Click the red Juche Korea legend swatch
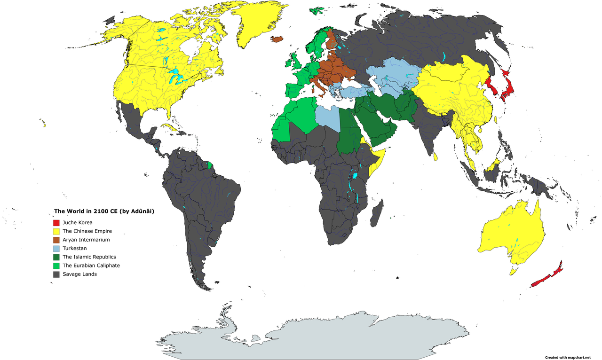click(x=56, y=222)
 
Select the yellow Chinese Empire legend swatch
click(x=56, y=231)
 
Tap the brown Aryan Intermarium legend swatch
click(x=56, y=240)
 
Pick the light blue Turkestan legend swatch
click(x=56, y=248)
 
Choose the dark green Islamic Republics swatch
click(x=56, y=257)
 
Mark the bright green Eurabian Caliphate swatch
click(x=56, y=266)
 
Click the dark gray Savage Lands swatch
click(x=56, y=274)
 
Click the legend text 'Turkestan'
click(x=74, y=248)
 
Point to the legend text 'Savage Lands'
click(x=79, y=274)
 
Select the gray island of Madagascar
click(x=376, y=214)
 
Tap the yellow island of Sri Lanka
click(x=436, y=156)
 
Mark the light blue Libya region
click(x=326, y=117)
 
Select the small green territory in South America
click(x=210, y=165)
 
